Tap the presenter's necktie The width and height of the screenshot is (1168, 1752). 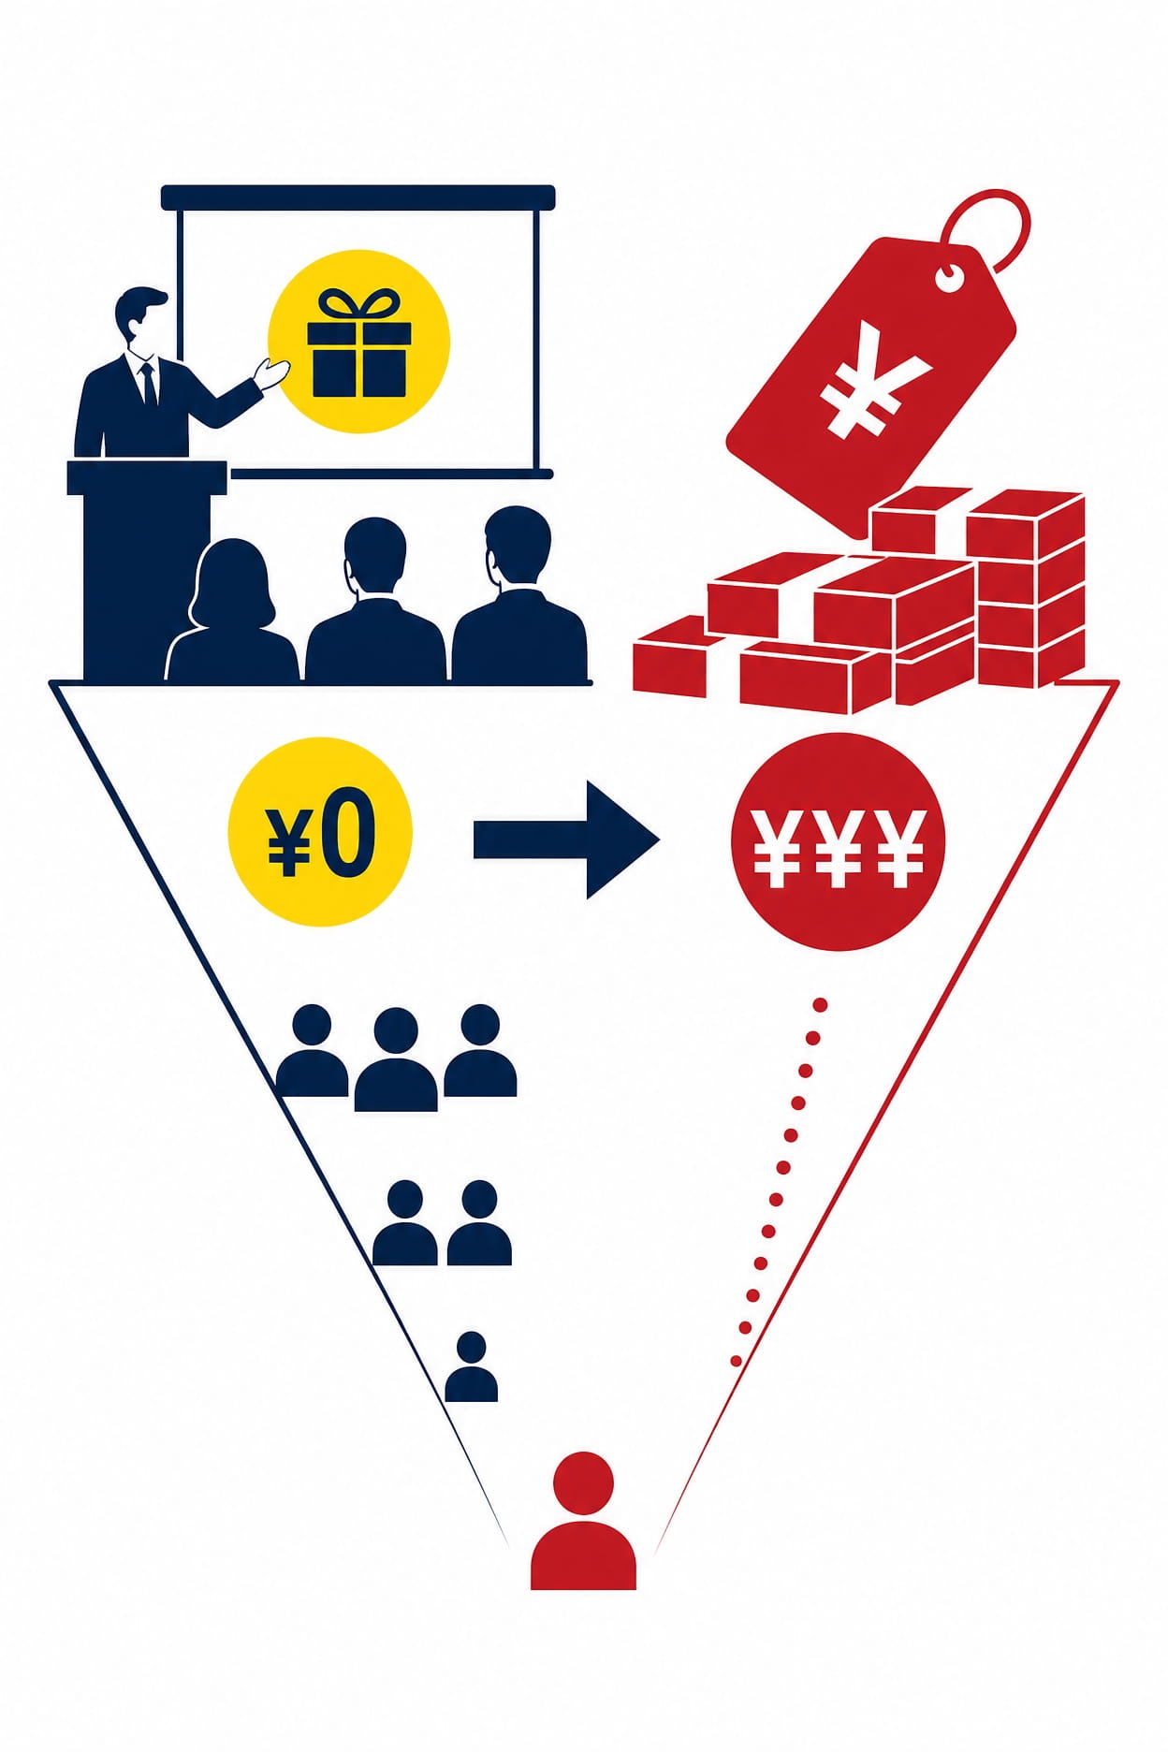coord(147,383)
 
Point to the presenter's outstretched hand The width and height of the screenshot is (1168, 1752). coord(271,374)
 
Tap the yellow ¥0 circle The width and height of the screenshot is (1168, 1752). coord(320,831)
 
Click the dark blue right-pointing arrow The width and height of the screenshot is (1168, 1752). coord(566,839)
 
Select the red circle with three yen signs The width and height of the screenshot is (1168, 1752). coord(838,841)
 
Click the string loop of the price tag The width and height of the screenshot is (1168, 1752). coord(992,225)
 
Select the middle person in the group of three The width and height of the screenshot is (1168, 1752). coord(396,1058)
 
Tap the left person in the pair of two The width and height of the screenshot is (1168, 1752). coord(404,1222)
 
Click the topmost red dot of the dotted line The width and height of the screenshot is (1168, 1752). coord(820,1005)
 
